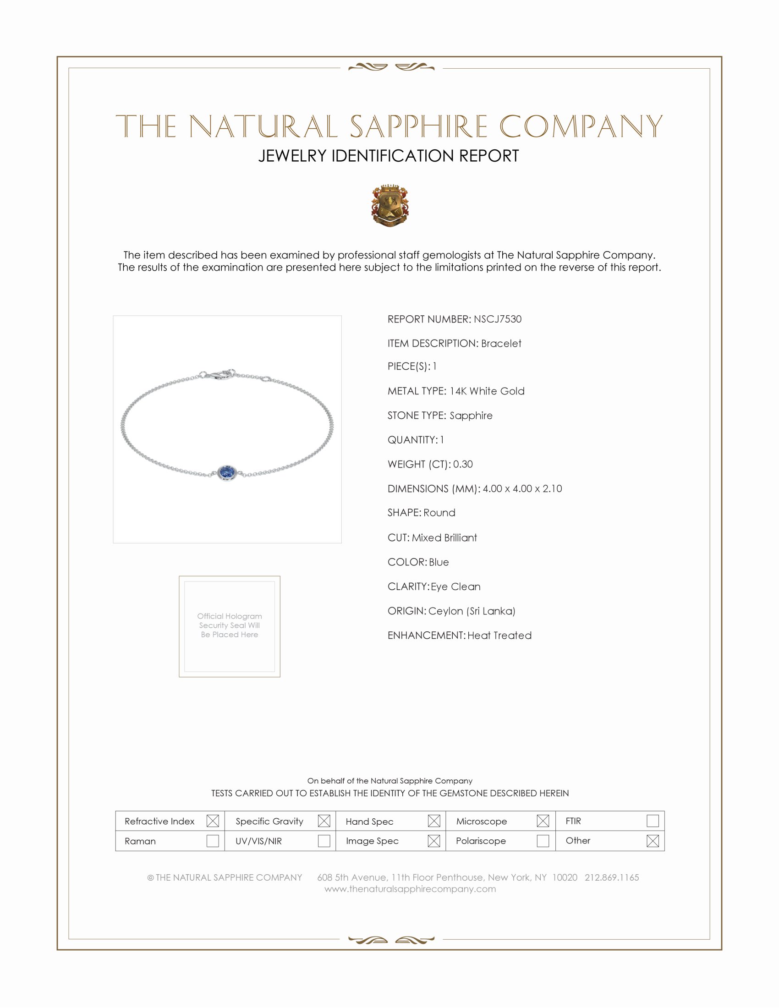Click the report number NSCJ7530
[x=497, y=319]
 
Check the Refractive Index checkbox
[x=212, y=821]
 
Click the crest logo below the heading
[x=390, y=206]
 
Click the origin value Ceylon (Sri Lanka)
[x=471, y=611]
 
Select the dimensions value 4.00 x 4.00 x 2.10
[x=522, y=488]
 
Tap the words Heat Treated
[x=499, y=635]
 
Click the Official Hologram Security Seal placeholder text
[x=230, y=625]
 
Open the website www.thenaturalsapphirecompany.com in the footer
[x=410, y=889]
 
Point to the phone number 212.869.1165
[x=611, y=877]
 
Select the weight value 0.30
[x=462, y=464]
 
